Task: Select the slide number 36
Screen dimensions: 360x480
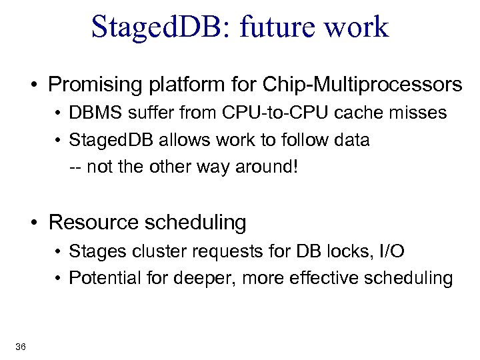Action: pyautogui.click(x=20, y=345)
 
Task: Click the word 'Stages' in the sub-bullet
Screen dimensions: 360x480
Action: pyautogui.click(x=92, y=251)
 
